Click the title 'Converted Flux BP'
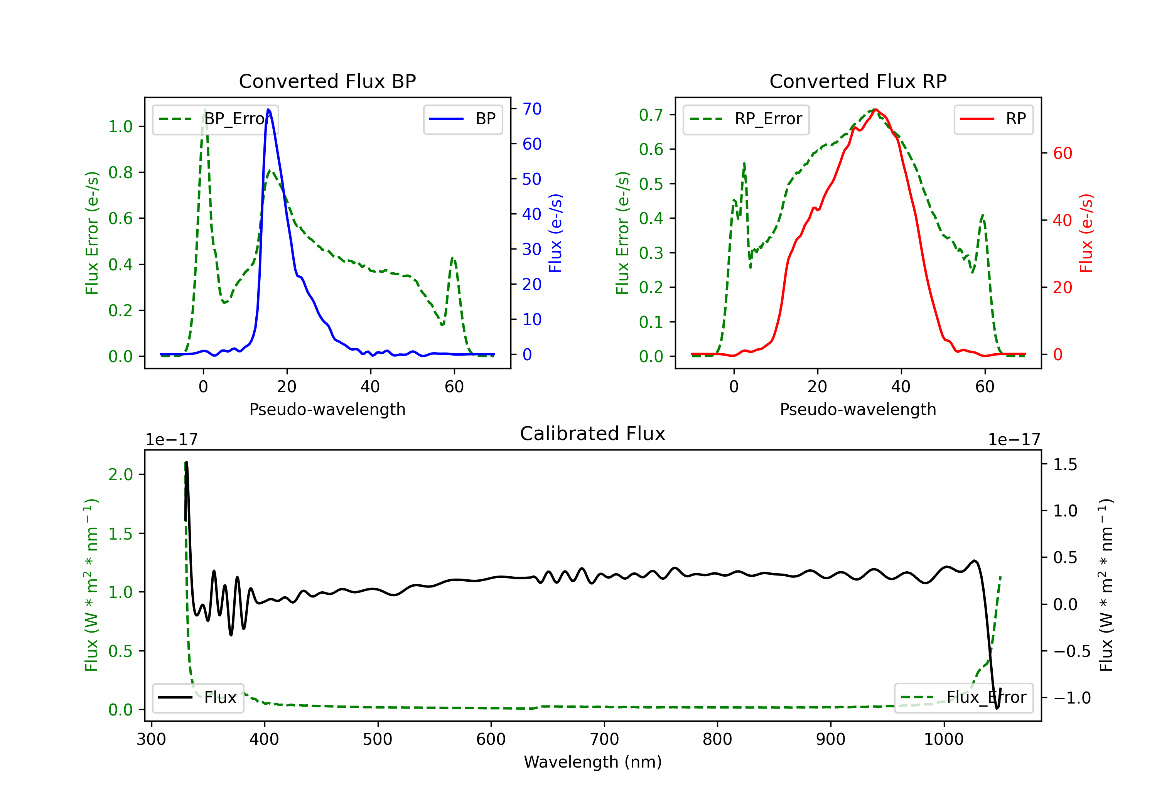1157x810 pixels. tap(327, 81)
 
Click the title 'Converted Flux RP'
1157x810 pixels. tap(858, 81)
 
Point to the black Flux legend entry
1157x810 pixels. tap(197, 698)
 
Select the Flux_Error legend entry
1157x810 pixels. tap(963, 698)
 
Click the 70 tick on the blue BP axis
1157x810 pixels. tap(531, 109)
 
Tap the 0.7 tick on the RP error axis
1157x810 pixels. tap(651, 115)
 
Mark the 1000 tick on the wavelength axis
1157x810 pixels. tap(943, 739)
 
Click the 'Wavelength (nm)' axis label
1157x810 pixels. tap(593, 762)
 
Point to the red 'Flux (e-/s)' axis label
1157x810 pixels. tap(1086, 233)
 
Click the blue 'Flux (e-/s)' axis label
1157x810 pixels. tap(555, 233)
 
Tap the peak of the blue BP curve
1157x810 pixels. tap(268, 110)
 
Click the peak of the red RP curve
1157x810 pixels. tap(876, 110)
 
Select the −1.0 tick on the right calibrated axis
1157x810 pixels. tap(1072, 698)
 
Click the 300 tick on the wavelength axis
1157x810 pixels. tap(151, 739)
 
